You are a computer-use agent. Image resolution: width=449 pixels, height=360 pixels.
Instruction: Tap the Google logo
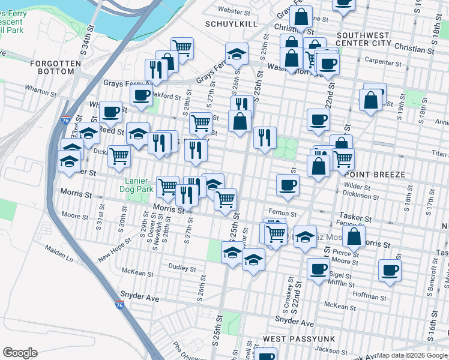(20, 353)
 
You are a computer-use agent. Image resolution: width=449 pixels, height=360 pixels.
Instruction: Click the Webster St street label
(234, 11)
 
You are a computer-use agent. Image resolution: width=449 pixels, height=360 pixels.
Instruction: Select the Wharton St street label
(40, 91)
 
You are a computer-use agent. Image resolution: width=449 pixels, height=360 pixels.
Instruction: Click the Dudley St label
(182, 268)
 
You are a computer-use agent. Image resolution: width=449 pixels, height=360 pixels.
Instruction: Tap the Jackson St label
(330, 349)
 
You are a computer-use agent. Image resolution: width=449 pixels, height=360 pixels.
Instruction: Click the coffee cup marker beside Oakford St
(141, 95)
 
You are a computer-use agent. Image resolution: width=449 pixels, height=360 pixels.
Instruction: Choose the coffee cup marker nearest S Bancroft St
(390, 270)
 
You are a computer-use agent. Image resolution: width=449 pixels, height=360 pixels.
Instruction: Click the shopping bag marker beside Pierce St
(354, 237)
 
